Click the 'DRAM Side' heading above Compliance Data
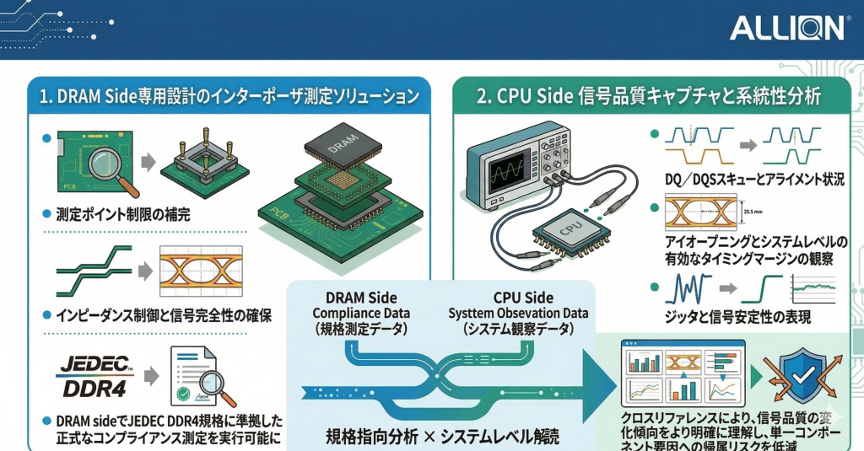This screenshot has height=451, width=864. (x=360, y=298)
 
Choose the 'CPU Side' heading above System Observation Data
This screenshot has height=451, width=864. (x=523, y=298)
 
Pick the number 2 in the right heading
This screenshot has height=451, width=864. (x=482, y=96)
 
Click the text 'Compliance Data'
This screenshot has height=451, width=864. (x=360, y=314)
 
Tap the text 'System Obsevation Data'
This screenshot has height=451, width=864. (x=518, y=314)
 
